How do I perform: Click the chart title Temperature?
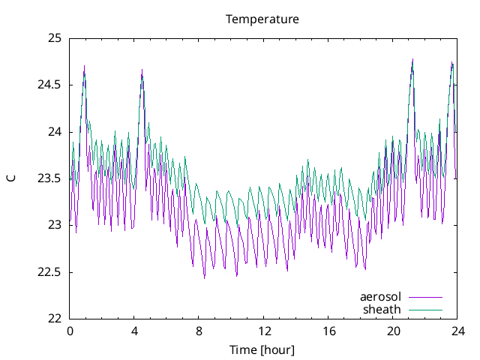click(262, 19)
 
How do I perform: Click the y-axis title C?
click(11, 178)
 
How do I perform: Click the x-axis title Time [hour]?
click(262, 350)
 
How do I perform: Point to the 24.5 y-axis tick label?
click(50, 85)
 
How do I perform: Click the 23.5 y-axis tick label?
click(50, 178)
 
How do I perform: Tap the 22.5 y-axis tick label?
click(50, 271)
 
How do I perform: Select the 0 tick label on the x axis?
click(70, 331)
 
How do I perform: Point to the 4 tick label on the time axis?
click(134, 331)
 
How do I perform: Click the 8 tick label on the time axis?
click(199, 331)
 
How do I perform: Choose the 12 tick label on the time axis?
click(264, 331)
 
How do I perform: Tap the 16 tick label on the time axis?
click(328, 331)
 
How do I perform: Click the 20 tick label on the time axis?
click(394, 331)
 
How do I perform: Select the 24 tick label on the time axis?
click(458, 331)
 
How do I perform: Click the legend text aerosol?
click(381, 297)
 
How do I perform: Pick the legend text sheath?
click(382, 309)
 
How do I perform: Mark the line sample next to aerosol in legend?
click(425, 298)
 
